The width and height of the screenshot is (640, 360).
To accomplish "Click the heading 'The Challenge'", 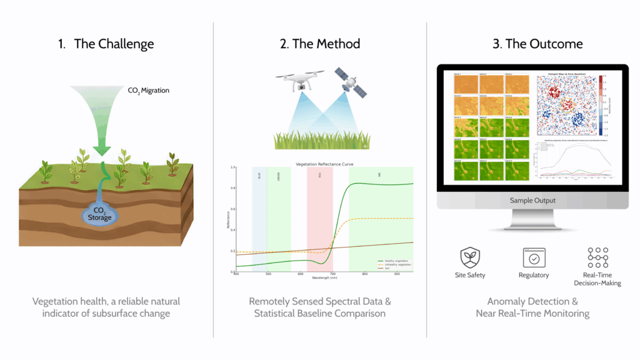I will [114, 44].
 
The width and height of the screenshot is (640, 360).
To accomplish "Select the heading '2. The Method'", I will [320, 44].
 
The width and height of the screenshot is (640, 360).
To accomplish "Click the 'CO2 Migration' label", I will [149, 91].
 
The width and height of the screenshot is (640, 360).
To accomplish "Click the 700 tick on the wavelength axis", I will [332, 274].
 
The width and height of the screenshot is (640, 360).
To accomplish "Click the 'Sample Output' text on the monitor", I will [533, 201].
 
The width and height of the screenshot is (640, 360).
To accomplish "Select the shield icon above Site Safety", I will [470, 257].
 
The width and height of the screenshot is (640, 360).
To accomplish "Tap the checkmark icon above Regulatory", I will [533, 257].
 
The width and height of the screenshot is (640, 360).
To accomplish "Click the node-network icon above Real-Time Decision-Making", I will [597, 257].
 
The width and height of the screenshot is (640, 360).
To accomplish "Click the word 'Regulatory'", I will [533, 275].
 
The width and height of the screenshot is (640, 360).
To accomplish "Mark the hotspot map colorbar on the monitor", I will [602, 104].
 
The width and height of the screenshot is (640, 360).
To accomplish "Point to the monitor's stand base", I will [533, 226].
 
